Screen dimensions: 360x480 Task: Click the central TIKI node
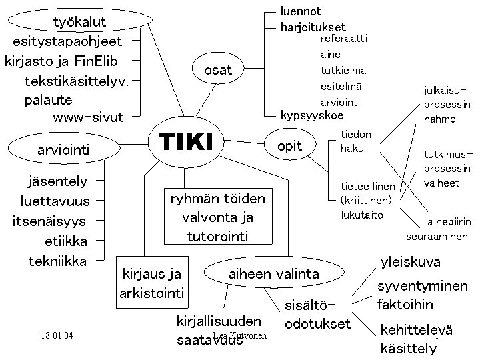185,142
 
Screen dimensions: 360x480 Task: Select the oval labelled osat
218,70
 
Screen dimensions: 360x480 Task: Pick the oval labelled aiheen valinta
274,273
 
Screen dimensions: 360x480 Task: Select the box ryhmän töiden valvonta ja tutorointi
217,217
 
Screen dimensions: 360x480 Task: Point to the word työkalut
79,23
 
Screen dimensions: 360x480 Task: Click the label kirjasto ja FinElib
61,61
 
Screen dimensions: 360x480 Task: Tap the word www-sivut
87,118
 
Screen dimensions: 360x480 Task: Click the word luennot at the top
301,11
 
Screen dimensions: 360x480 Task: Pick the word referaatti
343,39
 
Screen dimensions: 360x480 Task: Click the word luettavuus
55,201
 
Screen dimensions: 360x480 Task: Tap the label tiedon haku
355,141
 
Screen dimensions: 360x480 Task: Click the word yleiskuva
410,262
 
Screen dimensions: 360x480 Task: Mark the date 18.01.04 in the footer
56,335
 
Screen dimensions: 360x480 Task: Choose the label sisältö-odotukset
317,315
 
